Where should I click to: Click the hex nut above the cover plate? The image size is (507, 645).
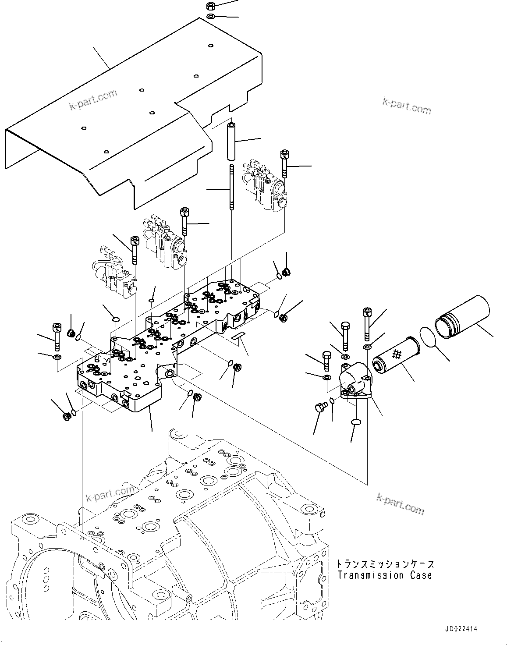coord(210,6)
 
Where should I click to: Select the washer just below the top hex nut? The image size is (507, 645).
coord(210,17)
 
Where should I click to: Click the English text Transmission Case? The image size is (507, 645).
coord(384,575)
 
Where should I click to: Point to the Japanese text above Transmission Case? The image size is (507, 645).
coord(385,563)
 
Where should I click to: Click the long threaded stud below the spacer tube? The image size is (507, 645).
coord(230,188)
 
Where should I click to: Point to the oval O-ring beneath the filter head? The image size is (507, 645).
coord(356,422)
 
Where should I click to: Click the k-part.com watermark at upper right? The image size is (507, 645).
coord(407,106)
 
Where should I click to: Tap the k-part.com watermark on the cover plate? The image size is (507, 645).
coord(93,100)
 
